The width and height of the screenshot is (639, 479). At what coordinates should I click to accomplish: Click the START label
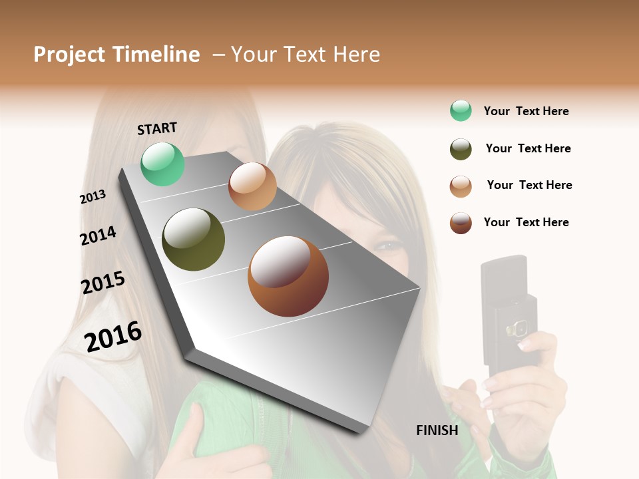[157, 128]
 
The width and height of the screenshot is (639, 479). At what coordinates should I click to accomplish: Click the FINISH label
[437, 430]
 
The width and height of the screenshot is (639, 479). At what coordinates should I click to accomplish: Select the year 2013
[93, 197]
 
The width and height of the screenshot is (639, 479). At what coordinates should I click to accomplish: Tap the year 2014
[98, 236]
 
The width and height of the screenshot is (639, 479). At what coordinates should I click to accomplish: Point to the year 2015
[103, 283]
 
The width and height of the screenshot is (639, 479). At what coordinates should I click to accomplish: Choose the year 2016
[113, 337]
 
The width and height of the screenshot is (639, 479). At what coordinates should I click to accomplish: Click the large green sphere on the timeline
[162, 164]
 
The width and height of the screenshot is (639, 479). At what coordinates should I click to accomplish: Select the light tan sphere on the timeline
[252, 186]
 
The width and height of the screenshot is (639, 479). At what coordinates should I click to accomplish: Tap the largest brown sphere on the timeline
[288, 276]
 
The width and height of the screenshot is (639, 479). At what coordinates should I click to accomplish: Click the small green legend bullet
[461, 111]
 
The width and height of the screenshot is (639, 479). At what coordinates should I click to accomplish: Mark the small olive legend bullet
[461, 149]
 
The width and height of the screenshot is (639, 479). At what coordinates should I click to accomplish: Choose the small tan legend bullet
[461, 186]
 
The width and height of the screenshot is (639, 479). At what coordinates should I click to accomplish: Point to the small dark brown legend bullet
[461, 223]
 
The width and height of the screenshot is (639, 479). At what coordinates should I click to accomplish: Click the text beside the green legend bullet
[526, 111]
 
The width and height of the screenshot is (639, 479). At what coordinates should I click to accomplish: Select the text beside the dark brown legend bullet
[526, 222]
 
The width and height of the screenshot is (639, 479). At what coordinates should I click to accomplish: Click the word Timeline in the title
[156, 55]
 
